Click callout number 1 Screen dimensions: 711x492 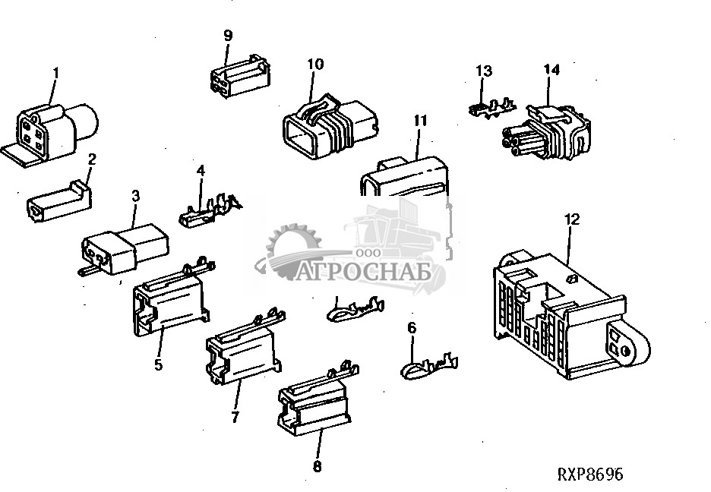tap(56, 72)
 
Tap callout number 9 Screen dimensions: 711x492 tap(228, 36)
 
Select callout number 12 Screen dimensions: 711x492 tap(572, 219)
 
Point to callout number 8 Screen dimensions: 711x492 tap(318, 466)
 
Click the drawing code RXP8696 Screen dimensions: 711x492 tap(590, 475)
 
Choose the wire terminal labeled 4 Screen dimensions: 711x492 tap(210, 210)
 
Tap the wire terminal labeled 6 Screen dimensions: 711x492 tap(429, 364)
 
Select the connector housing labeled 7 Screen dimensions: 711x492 tap(245, 344)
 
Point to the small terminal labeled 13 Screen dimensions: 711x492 tap(492, 109)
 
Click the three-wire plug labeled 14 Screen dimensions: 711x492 tap(546, 132)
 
